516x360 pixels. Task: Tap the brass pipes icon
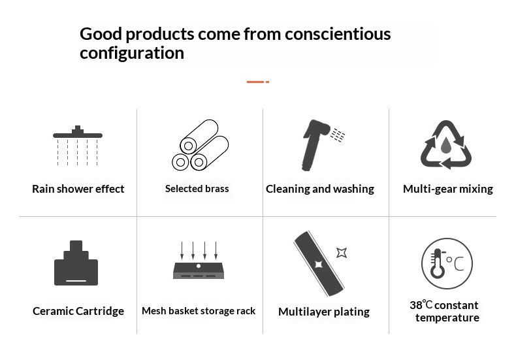[200, 145]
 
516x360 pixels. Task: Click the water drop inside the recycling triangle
[445, 145]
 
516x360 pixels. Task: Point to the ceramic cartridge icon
[76, 263]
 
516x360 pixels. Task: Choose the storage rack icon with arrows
[199, 261]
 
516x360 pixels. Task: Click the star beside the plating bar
[342, 253]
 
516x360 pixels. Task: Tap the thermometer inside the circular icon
[438, 263]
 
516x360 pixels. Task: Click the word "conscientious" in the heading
[338, 34]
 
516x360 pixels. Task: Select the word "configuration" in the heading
[132, 53]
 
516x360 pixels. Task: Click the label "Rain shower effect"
[78, 189]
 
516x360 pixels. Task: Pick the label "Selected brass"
[197, 189]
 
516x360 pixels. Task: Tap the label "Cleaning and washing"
[320, 189]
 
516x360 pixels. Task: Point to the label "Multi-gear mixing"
[448, 189]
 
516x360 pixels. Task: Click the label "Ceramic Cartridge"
[78, 311]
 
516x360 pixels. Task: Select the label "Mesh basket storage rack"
[199, 310]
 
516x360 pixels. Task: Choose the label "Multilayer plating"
[324, 312]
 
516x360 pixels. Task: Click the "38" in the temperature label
[416, 305]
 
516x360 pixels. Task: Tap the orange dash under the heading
[258, 82]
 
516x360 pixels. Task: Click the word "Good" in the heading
[101, 34]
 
